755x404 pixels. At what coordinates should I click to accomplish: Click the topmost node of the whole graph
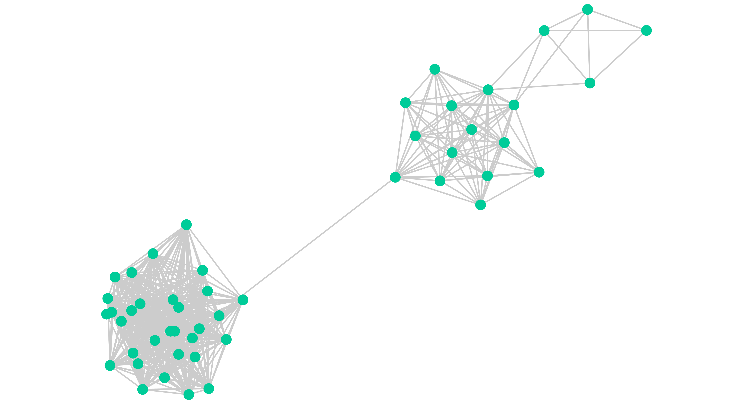[x=587, y=9]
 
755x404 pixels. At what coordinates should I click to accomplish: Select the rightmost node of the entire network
[x=646, y=31]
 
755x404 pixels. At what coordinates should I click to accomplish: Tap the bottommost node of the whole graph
[x=189, y=394]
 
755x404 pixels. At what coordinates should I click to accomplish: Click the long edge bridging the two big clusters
[x=319, y=238]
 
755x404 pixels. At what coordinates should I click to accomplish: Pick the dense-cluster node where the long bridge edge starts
[x=243, y=300]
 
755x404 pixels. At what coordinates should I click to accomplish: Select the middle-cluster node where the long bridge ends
[x=395, y=177]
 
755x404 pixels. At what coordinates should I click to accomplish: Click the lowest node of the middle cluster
[x=480, y=205]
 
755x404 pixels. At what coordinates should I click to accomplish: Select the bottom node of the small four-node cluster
[x=590, y=83]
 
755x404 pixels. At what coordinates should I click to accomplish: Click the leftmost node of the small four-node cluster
[x=544, y=31]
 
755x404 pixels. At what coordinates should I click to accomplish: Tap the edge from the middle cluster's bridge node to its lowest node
[x=438, y=191]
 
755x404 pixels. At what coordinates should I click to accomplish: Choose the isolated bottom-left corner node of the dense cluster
[x=110, y=365]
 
